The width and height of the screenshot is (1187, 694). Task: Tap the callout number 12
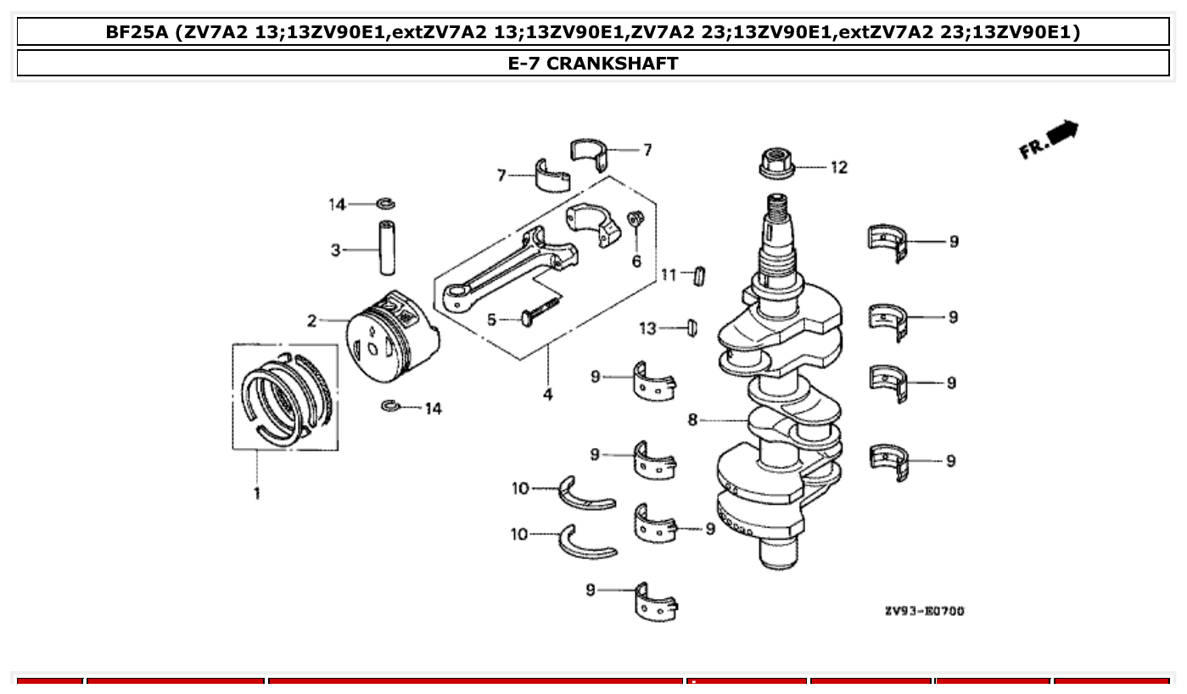point(838,168)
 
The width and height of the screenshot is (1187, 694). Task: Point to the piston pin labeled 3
point(387,248)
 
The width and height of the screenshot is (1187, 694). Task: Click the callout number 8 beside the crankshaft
point(693,420)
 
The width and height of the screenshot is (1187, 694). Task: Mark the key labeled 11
point(700,276)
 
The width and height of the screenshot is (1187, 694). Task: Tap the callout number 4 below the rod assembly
point(548,395)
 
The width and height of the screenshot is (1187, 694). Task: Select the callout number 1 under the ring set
point(257,493)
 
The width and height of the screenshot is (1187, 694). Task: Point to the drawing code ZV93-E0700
point(923,611)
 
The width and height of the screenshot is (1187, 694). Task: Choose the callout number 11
point(669,275)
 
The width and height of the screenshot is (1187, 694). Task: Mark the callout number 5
point(491,320)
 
